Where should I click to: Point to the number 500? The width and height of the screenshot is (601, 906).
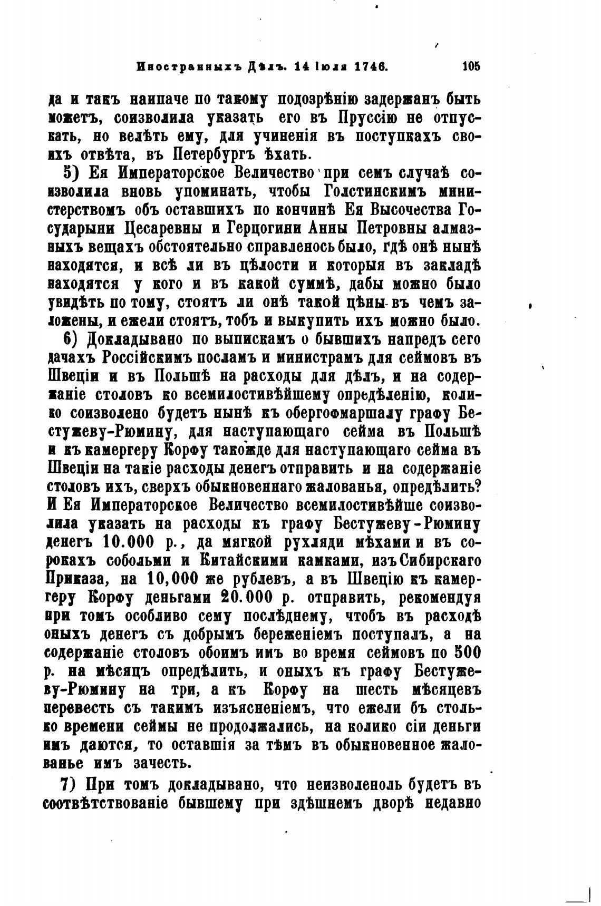tap(467, 652)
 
